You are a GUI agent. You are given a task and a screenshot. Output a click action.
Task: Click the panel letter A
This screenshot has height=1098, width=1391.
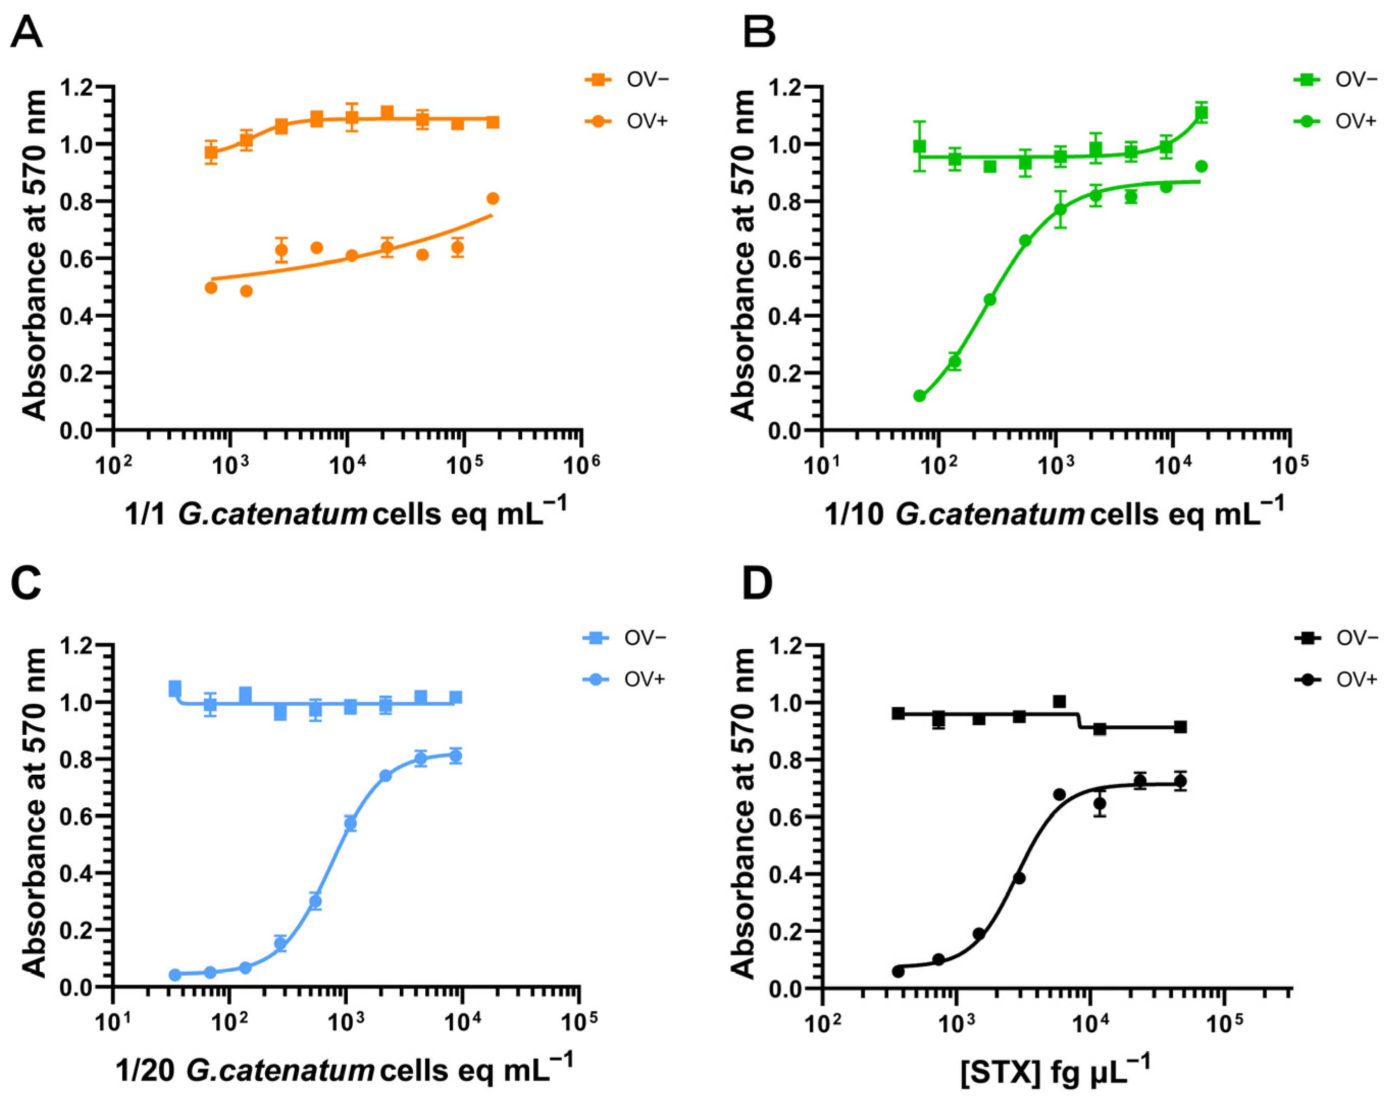coord(27,32)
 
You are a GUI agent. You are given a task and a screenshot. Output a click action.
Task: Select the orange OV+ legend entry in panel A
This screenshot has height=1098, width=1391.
coord(627,121)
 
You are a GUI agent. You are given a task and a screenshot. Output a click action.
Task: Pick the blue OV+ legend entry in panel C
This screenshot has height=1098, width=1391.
coord(624,679)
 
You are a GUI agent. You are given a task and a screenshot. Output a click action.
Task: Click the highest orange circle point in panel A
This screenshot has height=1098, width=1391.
coord(493,199)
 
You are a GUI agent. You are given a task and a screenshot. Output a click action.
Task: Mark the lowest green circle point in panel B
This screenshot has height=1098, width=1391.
coord(920,396)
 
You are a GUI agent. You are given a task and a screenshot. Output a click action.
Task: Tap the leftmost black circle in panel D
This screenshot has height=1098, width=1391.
coord(898,972)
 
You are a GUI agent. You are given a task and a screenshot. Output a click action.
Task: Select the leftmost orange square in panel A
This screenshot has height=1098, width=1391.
coord(211,153)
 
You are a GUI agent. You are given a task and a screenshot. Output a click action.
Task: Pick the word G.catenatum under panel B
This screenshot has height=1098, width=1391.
coord(989,514)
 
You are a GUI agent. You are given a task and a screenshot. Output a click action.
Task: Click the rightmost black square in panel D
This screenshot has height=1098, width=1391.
coord(1180,727)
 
